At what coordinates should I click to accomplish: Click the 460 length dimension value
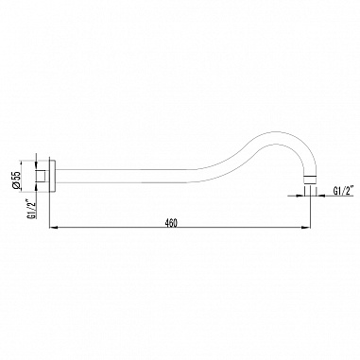point(172,223)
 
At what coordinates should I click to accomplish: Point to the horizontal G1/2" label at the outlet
point(343,191)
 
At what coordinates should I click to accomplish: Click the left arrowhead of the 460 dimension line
point(53,227)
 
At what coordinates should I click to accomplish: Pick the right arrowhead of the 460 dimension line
point(307,227)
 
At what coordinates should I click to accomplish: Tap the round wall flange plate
point(53,176)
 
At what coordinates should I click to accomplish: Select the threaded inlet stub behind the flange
point(43,176)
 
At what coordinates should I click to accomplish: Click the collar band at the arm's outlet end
point(310,179)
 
